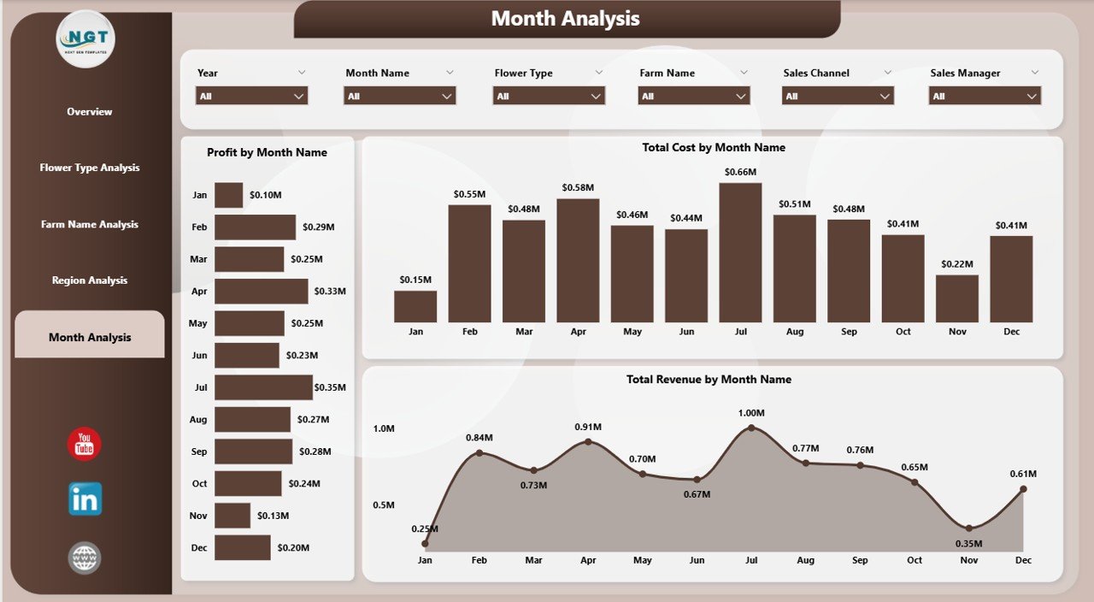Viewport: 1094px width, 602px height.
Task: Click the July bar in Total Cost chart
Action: point(740,252)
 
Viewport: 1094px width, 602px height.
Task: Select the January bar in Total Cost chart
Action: point(415,306)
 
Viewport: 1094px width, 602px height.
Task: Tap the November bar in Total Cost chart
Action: point(956,298)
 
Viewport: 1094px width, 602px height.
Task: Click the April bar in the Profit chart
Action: point(261,292)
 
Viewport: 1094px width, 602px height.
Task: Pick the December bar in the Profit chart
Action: point(242,547)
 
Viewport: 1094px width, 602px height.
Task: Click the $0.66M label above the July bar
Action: point(740,172)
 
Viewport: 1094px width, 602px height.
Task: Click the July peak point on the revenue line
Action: point(751,428)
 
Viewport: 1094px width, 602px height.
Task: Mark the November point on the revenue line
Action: point(968,528)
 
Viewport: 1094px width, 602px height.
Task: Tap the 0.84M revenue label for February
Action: point(479,438)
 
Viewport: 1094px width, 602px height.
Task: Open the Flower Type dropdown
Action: point(549,97)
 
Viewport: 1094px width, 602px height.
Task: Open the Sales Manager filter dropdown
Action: point(985,97)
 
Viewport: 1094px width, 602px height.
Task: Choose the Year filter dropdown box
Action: point(251,97)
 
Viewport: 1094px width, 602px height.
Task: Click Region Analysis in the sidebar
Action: point(90,280)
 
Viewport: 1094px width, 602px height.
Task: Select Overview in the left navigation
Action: point(90,111)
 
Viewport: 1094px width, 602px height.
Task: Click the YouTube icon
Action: point(85,444)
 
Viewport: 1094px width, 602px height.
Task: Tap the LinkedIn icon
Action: point(85,499)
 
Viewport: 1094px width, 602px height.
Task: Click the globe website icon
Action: point(85,558)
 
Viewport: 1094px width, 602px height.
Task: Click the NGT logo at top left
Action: point(85,39)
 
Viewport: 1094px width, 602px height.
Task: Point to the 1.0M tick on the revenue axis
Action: point(383,428)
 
